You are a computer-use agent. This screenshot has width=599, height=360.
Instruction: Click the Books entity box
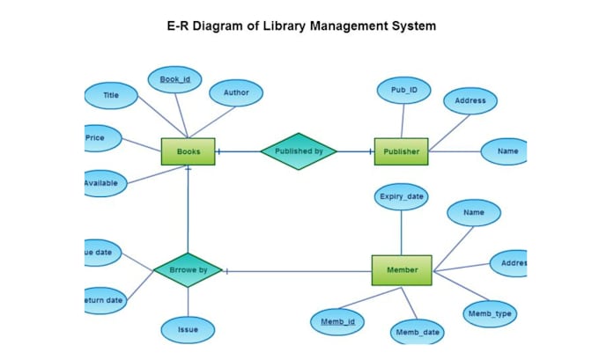click(x=189, y=151)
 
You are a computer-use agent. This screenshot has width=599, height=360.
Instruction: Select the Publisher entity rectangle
click(x=401, y=151)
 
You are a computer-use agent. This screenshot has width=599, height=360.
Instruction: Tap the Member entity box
click(x=401, y=270)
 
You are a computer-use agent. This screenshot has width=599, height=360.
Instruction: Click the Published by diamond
click(x=299, y=151)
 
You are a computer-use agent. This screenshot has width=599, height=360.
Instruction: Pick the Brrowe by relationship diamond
click(x=187, y=270)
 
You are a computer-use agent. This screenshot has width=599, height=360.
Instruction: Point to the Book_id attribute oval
click(x=174, y=79)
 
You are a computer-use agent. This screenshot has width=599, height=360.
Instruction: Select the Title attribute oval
click(x=111, y=95)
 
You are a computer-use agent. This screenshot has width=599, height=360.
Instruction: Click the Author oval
click(x=236, y=92)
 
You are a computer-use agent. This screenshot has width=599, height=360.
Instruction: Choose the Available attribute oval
click(x=105, y=183)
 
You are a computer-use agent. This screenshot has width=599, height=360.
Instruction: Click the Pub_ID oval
click(x=404, y=90)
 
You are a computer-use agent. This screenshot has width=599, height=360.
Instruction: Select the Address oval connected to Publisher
click(x=470, y=100)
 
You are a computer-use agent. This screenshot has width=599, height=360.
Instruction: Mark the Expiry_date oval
click(x=402, y=196)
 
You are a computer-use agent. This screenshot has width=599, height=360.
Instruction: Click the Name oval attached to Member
click(x=474, y=212)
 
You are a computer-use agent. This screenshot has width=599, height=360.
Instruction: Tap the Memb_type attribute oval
click(x=490, y=312)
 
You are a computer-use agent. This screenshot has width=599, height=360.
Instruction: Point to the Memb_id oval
click(x=337, y=322)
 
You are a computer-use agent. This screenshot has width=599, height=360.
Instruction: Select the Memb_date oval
click(x=418, y=332)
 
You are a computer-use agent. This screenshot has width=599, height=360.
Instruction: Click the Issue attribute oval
click(x=188, y=330)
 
